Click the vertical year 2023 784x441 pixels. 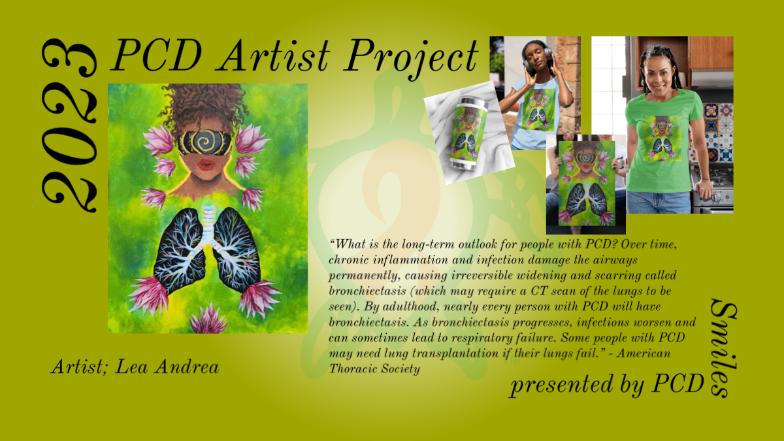[x=69, y=125]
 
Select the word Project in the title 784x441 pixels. [x=411, y=58]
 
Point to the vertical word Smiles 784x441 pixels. [x=723, y=348]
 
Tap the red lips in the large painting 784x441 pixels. [x=206, y=165]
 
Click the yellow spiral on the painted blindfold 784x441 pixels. [x=204, y=142]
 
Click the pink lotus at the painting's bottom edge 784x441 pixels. [x=208, y=320]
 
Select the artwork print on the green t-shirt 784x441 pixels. [x=662, y=139]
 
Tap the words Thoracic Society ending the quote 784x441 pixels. [x=374, y=368]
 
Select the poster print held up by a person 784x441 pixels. [x=587, y=183]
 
